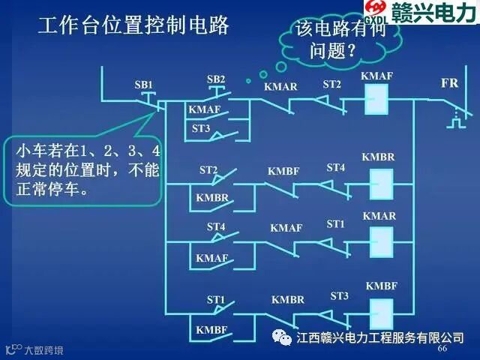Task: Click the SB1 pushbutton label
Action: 143,85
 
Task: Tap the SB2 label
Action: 215,79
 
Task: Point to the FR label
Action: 449,83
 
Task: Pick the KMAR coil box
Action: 382,241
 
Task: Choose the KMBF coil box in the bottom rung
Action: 382,308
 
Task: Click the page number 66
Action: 442,349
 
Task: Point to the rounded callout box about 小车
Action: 84,170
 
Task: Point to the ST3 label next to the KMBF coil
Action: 340,296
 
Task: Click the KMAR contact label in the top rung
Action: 280,87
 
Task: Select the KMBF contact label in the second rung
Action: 283,172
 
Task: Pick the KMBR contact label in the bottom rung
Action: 288,300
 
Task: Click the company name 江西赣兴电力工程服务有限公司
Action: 380,337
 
